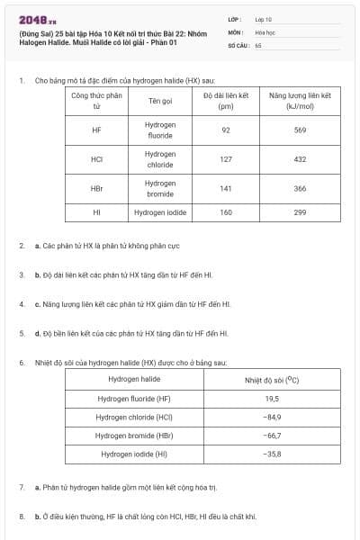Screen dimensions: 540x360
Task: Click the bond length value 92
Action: click(226, 130)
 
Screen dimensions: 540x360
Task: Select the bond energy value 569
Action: click(300, 130)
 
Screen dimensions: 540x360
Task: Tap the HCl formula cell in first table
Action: click(97, 159)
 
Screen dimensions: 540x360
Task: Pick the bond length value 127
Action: click(226, 159)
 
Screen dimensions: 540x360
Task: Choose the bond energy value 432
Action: click(300, 159)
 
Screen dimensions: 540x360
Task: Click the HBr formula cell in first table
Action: click(97, 189)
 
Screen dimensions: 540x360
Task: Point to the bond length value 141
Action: click(226, 189)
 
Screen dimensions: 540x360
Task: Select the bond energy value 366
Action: click(300, 189)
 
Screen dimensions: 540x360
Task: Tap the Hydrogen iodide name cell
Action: click(160, 212)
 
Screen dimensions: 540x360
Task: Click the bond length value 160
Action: click(226, 212)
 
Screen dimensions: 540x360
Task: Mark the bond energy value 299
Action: click(300, 212)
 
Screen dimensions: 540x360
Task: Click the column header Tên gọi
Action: click(160, 100)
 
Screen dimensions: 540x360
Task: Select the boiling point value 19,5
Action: click(272, 398)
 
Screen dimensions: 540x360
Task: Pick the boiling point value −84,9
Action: click(272, 417)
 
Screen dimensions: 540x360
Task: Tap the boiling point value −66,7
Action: click(272, 436)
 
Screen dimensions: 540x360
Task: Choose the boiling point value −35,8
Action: click(272, 454)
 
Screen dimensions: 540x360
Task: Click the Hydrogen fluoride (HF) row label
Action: click(134, 398)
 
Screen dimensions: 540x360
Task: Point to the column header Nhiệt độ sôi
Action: click(272, 379)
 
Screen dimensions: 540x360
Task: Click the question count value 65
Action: click(258, 44)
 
